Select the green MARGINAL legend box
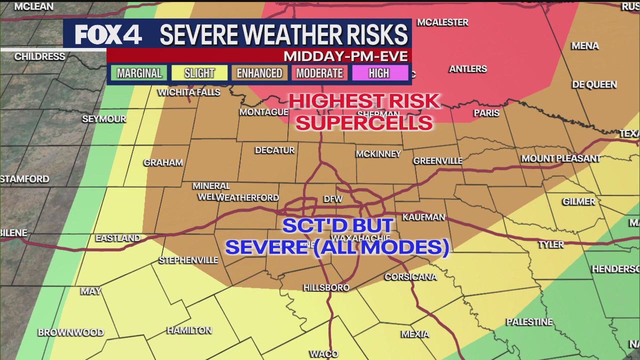(139, 73)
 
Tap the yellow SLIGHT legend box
(199, 73)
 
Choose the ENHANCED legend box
(259, 73)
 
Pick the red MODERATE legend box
(319, 73)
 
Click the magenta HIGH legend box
(379, 73)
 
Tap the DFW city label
(333, 199)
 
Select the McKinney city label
(378, 154)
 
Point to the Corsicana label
(410, 276)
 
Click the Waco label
(323, 354)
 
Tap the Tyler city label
(550, 244)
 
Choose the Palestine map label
(529, 322)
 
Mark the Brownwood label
(71, 332)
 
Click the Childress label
(39, 56)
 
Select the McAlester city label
(442, 22)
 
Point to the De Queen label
(594, 84)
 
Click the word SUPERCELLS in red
(364, 122)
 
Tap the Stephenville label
(188, 260)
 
